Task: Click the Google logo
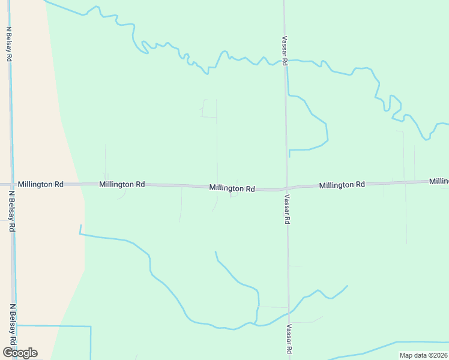pos(20,353)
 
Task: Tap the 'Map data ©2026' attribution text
pos(424,355)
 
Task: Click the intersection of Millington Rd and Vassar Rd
pos(287,188)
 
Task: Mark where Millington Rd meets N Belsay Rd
pos(10,184)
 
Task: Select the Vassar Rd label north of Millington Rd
pos(285,50)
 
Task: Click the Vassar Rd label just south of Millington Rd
pos(288,209)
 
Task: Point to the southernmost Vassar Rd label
pos(289,340)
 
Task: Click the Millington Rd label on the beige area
pos(41,184)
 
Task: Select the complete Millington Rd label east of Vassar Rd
pos(342,185)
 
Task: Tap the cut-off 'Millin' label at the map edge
pos(439,181)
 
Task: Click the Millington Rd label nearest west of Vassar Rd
pos(232,188)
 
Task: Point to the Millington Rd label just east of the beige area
pos(122,184)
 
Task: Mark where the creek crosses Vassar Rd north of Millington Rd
pos(286,62)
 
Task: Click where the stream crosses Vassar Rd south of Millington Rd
pos(289,313)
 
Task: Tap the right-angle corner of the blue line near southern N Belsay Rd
pos(90,327)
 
